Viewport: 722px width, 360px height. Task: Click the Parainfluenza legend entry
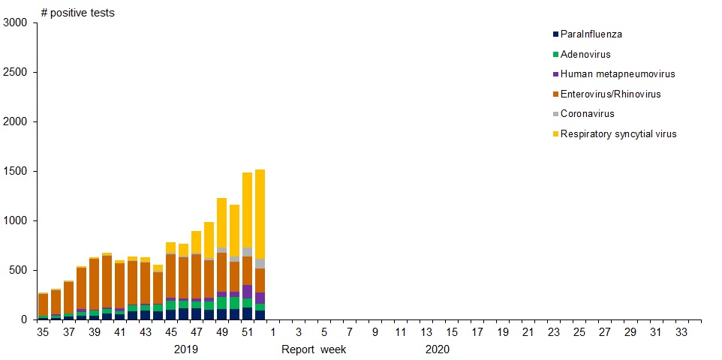tap(591, 34)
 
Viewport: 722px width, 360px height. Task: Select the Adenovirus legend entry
tap(585, 55)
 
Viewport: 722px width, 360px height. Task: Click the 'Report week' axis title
tap(314, 349)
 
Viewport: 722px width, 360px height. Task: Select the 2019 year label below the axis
tap(186, 349)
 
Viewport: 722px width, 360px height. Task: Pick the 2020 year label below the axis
tap(437, 349)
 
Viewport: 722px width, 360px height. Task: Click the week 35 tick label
tap(43, 332)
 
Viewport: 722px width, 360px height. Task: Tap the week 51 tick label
tap(247, 332)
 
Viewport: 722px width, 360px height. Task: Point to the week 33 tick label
tap(681, 332)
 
